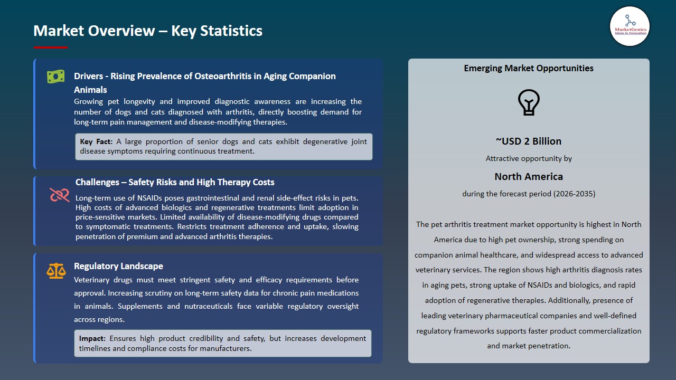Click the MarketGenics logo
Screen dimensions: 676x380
(630, 26)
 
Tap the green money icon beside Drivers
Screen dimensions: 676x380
(55, 77)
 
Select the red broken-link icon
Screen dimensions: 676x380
(60, 195)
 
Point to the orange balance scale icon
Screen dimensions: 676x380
(56, 271)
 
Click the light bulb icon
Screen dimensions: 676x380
(529, 102)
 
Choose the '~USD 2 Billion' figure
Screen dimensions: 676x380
(529, 141)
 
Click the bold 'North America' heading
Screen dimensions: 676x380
(529, 176)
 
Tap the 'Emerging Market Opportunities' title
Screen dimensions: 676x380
(529, 68)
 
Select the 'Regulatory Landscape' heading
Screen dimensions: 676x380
(118, 266)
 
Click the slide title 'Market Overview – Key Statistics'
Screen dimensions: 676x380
(148, 31)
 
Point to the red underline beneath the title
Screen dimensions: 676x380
(51, 47)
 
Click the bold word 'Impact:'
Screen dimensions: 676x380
(92, 338)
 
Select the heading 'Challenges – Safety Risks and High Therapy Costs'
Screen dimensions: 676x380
(175, 182)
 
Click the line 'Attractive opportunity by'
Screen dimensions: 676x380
(529, 158)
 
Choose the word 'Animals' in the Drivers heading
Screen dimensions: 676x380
(90, 90)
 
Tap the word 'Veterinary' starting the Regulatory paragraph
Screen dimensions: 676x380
(93, 280)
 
